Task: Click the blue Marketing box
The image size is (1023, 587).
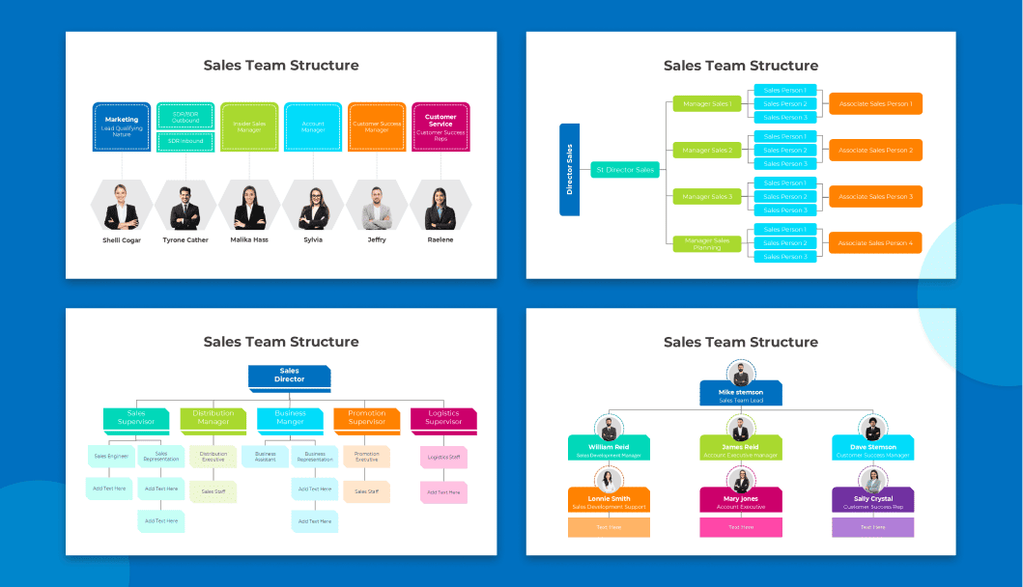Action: (x=122, y=126)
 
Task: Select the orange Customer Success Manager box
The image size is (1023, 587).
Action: (x=377, y=126)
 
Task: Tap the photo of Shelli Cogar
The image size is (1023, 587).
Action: (x=122, y=205)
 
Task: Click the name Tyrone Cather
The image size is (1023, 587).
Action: (x=185, y=239)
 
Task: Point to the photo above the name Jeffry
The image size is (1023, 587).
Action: (x=377, y=205)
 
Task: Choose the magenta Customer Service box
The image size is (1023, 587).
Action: (x=440, y=126)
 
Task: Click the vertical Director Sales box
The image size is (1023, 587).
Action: (x=569, y=170)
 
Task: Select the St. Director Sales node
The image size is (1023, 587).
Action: (x=625, y=170)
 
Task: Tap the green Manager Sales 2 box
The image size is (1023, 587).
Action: (x=707, y=150)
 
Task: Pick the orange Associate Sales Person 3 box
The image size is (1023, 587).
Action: (x=875, y=196)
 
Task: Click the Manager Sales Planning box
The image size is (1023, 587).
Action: (x=707, y=243)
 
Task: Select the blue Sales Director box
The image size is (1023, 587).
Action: (x=289, y=376)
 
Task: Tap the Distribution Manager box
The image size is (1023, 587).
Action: (x=213, y=418)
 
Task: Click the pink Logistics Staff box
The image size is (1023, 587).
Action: (x=443, y=457)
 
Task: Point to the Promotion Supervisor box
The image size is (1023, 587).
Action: (x=366, y=418)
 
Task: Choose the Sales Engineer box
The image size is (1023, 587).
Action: (x=111, y=456)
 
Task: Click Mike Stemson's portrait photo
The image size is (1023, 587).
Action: (x=741, y=373)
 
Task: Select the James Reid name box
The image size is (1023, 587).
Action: (x=741, y=450)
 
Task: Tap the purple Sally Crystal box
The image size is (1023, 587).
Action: (x=872, y=501)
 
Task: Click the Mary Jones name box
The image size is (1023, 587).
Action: (x=741, y=501)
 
